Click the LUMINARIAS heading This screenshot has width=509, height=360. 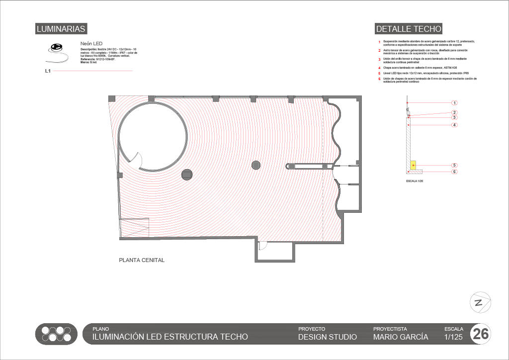click(61, 29)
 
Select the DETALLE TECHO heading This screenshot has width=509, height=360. click(409, 29)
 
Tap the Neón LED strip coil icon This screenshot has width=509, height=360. click(56, 48)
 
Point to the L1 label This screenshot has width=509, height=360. click(48, 71)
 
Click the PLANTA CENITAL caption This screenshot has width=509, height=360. click(141, 260)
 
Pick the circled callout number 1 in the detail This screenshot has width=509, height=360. click(454, 103)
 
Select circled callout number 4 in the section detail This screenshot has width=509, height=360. click(454, 125)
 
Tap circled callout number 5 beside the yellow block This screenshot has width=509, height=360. click(454, 165)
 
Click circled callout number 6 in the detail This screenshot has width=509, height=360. click(454, 172)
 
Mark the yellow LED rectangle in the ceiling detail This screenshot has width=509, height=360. click(413, 164)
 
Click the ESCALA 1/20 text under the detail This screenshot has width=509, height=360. click(415, 180)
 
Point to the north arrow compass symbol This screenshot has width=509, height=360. click(480, 302)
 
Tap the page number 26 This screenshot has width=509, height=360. click(481, 334)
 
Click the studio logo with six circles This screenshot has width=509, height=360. click(56, 334)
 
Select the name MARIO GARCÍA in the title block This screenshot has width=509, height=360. click(400, 337)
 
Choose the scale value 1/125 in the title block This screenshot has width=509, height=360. click(453, 337)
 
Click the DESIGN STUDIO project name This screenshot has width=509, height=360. click(327, 337)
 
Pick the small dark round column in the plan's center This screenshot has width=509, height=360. click(256, 165)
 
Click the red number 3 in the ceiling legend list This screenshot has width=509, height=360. click(379, 59)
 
